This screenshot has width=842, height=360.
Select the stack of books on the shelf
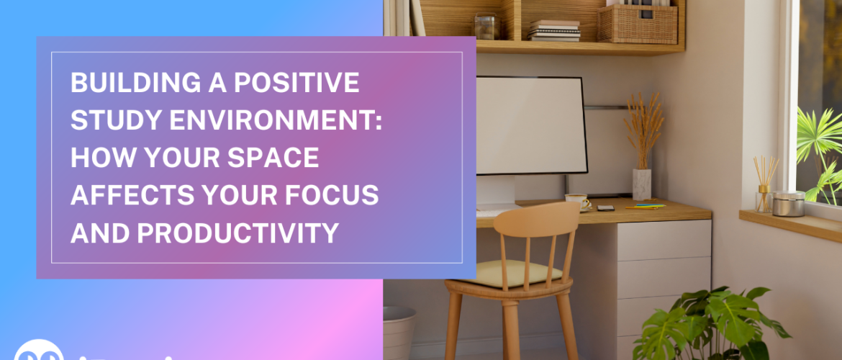(x=554, y=30)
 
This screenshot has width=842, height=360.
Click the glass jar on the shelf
(x=486, y=27)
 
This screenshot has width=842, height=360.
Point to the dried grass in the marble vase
(x=643, y=130)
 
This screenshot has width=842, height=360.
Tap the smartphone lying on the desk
(x=605, y=208)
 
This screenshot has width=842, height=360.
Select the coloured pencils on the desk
(x=646, y=207)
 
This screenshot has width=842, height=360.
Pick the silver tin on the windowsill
(x=789, y=204)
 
